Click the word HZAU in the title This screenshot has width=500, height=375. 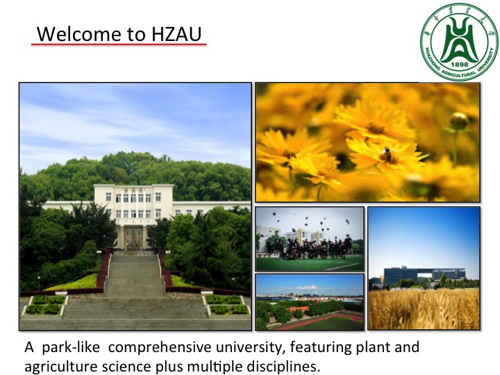[x=176, y=34]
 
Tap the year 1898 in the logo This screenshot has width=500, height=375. [x=460, y=64]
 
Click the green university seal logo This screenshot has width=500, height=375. [x=460, y=42]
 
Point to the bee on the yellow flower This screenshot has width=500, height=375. [x=387, y=154]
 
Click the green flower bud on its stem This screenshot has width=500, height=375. [x=458, y=121]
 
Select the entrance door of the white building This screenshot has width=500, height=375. [x=133, y=238]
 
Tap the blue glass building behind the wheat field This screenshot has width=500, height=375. [x=424, y=276]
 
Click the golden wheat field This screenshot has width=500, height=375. [x=424, y=308]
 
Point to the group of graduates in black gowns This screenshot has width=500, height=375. [x=309, y=247]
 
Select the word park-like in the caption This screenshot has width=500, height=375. [x=71, y=347]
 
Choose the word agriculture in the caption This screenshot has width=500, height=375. [x=61, y=367]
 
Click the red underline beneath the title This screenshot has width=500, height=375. [x=119, y=44]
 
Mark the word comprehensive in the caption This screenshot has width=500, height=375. [x=160, y=347]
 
